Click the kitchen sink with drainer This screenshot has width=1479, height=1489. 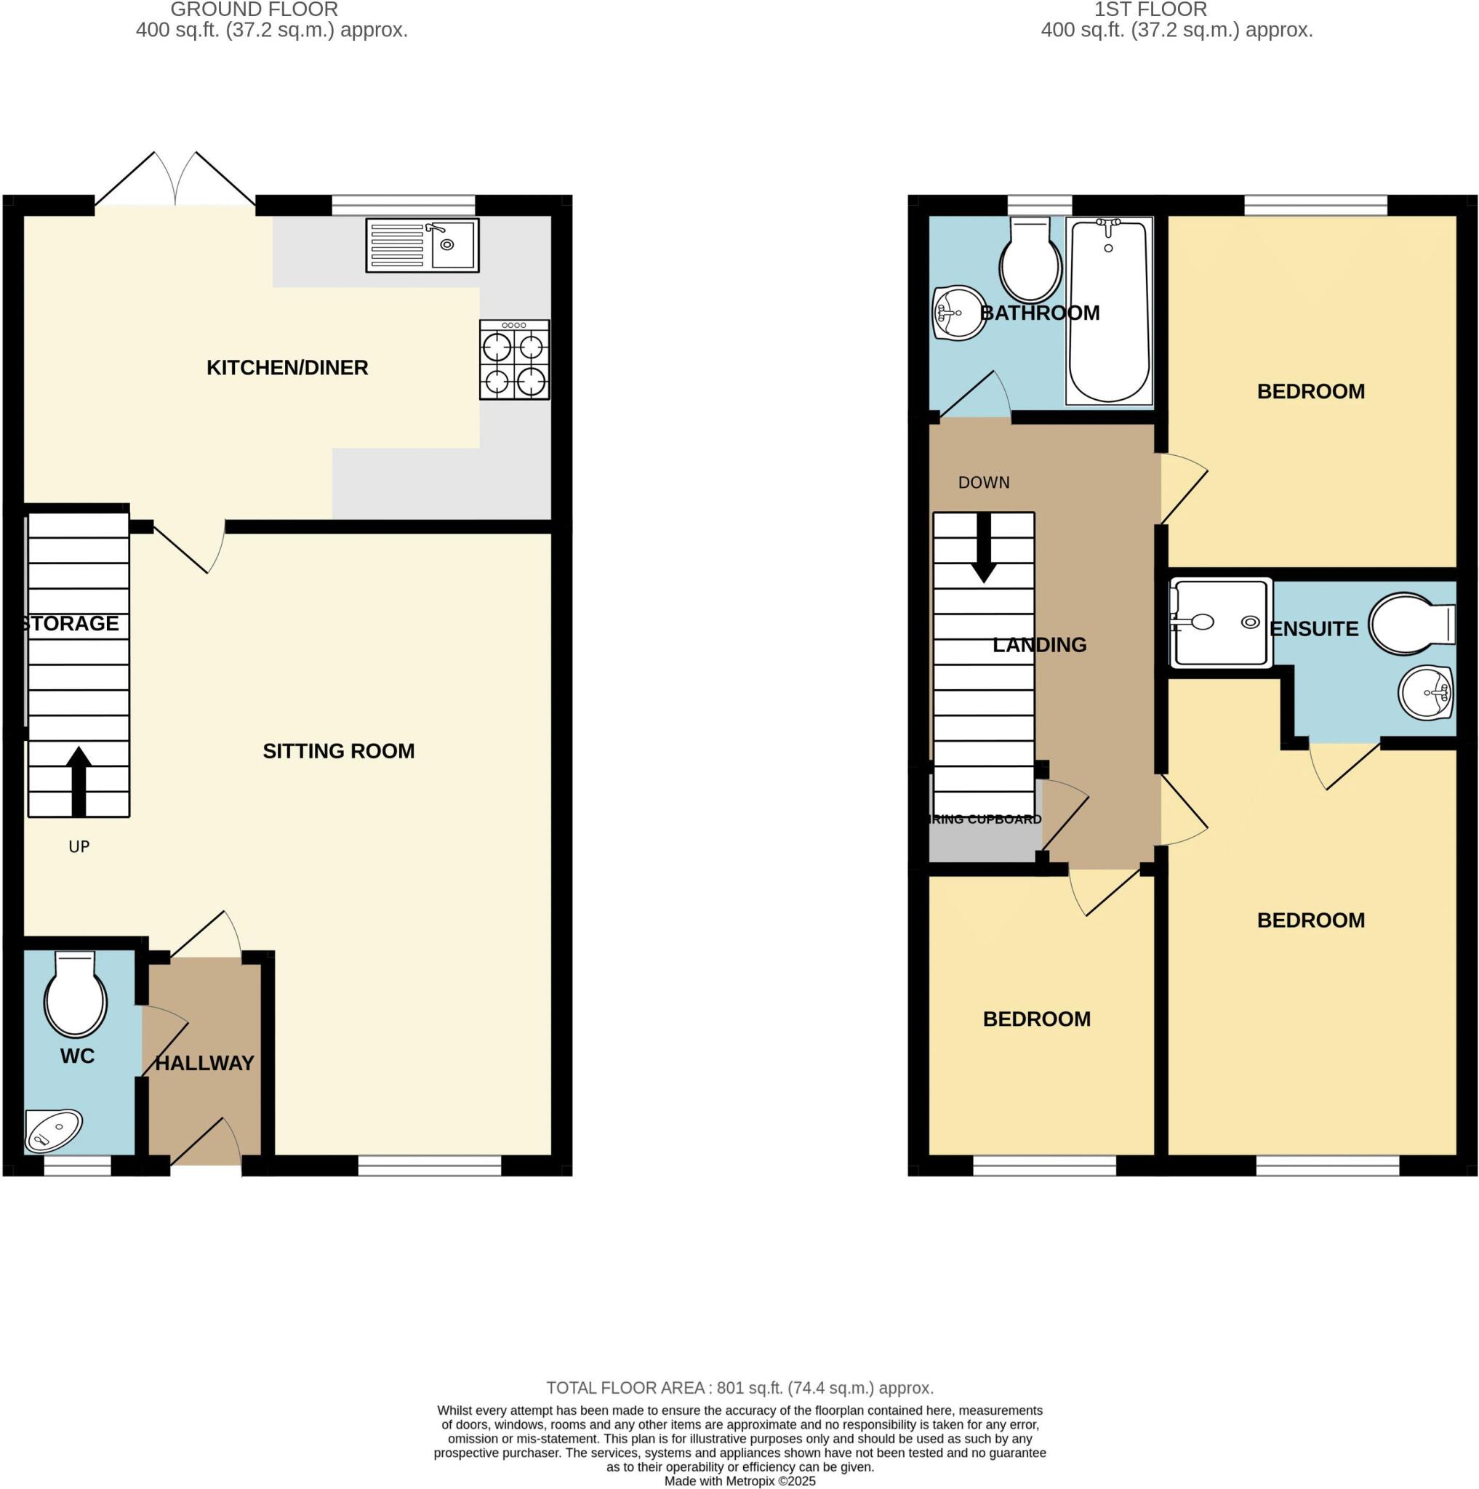click(x=422, y=245)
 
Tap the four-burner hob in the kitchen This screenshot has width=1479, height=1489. click(x=514, y=360)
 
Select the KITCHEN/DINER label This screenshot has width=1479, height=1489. click(x=286, y=368)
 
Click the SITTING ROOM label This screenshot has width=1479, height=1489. click(x=338, y=750)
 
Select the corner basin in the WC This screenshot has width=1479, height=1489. click(x=51, y=1129)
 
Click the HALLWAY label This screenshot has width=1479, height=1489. click(x=204, y=1063)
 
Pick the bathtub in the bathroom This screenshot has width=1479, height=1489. click(x=1108, y=310)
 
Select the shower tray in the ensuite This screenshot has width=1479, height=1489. click(x=1219, y=623)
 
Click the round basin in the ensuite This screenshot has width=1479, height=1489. click(x=1424, y=693)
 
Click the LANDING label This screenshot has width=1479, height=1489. click(x=1039, y=644)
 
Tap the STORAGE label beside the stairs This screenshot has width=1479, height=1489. click(x=71, y=623)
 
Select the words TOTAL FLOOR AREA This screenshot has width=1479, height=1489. click(x=628, y=1388)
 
